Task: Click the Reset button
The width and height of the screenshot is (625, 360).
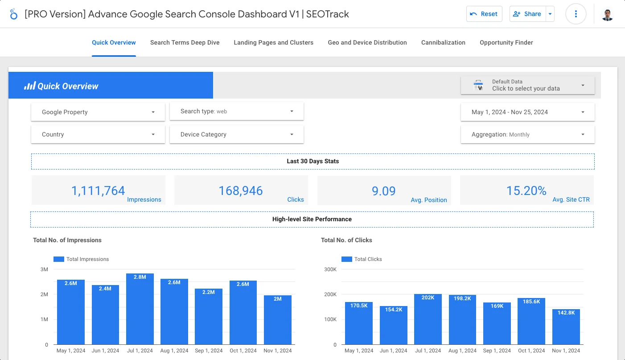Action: tap(484, 14)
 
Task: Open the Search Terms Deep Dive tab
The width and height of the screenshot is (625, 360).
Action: tap(185, 42)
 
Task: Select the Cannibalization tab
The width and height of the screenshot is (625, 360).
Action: tap(443, 42)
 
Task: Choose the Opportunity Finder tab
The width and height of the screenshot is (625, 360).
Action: tap(506, 42)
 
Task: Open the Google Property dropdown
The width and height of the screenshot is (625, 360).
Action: tap(98, 112)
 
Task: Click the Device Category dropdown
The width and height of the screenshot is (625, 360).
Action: tap(236, 134)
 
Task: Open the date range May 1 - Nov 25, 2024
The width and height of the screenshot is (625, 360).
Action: tap(527, 112)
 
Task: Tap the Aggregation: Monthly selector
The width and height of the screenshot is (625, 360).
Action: tap(527, 134)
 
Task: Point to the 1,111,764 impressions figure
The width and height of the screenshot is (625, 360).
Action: tap(98, 190)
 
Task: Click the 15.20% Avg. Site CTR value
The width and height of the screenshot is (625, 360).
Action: tap(526, 190)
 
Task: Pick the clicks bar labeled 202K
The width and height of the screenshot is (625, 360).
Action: tap(428, 319)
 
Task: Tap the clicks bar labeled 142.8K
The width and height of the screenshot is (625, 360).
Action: tap(566, 327)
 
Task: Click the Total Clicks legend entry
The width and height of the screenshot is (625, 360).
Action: tap(362, 259)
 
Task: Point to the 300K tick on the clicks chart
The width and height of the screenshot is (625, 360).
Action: tap(330, 269)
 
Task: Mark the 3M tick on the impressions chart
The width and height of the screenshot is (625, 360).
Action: tap(44, 269)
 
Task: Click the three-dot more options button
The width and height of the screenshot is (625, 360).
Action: tap(576, 14)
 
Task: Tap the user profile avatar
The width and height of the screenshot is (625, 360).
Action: tap(607, 14)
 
